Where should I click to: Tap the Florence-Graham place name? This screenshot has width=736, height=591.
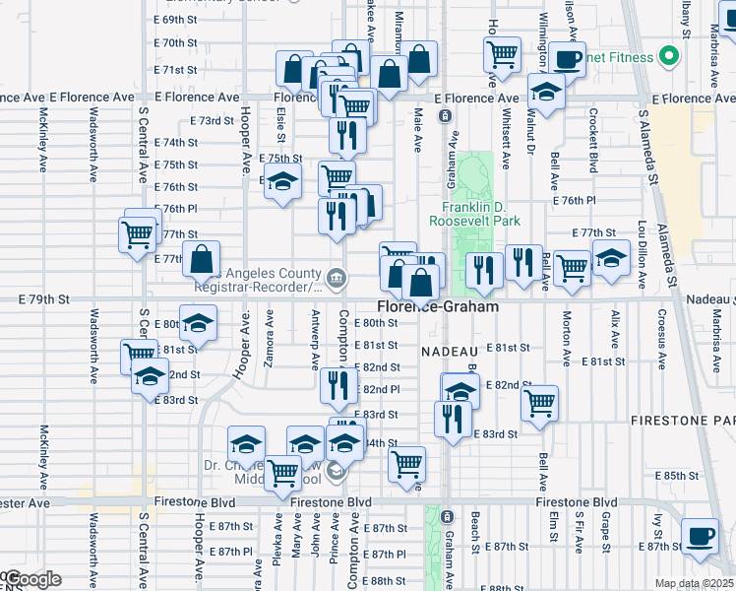tap(436, 307)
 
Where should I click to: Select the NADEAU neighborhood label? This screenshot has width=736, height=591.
tap(450, 351)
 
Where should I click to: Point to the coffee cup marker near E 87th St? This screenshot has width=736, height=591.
tap(700, 537)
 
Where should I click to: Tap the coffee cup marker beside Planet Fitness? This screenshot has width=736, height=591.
tap(567, 59)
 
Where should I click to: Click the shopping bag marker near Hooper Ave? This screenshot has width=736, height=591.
tap(201, 261)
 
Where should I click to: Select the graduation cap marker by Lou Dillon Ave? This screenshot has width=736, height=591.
tap(611, 259)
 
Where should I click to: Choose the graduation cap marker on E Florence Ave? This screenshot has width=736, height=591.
tap(546, 93)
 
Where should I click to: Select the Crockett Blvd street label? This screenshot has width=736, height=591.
tap(594, 149)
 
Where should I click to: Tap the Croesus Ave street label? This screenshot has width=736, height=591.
tap(662, 332)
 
